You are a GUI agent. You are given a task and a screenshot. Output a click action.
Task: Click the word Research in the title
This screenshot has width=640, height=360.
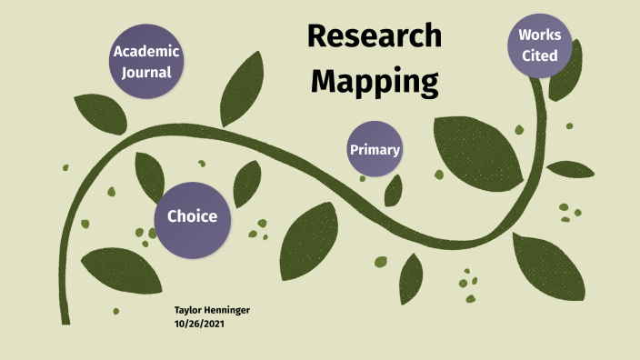[374, 36]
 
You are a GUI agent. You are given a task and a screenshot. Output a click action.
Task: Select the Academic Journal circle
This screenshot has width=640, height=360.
[146, 61]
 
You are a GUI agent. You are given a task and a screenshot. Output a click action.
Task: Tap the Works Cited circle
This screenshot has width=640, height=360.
[539, 45]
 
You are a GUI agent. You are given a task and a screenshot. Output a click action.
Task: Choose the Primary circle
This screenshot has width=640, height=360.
[375, 148]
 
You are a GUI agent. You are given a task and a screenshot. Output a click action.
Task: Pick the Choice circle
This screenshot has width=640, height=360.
[192, 216]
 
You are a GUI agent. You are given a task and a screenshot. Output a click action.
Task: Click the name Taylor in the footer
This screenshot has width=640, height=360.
[189, 311]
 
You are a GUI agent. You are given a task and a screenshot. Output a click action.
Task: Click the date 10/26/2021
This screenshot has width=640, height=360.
[199, 324]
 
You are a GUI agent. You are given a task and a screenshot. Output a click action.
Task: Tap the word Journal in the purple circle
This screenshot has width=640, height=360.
[146, 72]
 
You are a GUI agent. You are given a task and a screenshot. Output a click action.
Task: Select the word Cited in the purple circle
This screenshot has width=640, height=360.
[539, 55]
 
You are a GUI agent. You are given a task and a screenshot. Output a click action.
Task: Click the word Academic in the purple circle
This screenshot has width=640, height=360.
[146, 51]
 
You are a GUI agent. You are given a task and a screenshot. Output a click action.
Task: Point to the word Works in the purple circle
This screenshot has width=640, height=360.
[539, 35]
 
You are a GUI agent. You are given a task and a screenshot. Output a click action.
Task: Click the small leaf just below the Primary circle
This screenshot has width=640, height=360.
[394, 189]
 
